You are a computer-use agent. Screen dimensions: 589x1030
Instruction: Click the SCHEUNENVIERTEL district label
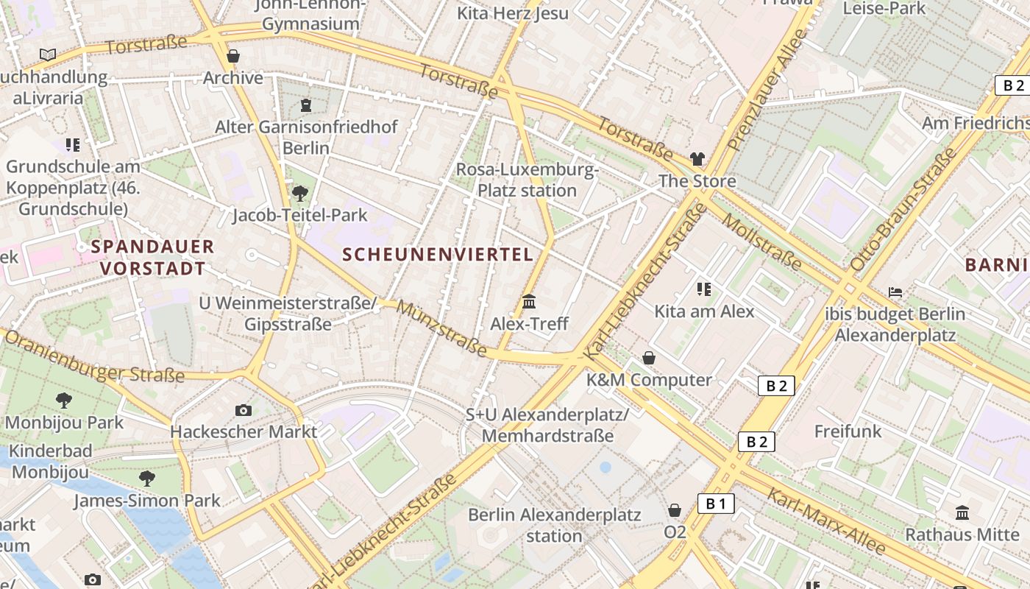[438, 255]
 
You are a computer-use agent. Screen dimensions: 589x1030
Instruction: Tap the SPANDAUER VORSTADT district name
[153, 257]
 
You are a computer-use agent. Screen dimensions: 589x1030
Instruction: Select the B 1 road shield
[716, 504]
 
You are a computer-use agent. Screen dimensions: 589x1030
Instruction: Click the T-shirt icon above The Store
[697, 159]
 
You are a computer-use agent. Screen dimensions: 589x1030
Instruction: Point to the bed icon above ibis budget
[895, 292]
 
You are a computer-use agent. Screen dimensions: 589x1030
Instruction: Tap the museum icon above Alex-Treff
[529, 302]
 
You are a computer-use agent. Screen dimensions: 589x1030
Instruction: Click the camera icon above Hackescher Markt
[244, 410]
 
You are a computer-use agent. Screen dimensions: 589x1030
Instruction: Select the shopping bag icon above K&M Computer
[649, 358]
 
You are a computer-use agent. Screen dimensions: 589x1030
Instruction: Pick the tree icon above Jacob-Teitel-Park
[299, 194]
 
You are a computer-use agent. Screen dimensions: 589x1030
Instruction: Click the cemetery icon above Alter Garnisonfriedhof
[306, 105]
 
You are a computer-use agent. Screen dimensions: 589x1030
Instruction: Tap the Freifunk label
[848, 431]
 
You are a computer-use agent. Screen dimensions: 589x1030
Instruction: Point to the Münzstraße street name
[441, 328]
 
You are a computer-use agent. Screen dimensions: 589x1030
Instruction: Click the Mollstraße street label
[761, 241]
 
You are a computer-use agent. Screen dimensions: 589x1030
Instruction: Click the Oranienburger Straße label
[94, 357]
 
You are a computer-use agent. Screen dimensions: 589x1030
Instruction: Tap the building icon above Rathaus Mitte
[962, 512]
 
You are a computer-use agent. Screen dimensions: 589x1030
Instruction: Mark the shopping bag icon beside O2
[675, 510]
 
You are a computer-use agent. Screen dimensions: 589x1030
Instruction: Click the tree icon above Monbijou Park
[64, 401]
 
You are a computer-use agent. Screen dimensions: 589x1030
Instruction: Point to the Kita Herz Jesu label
[513, 13]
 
